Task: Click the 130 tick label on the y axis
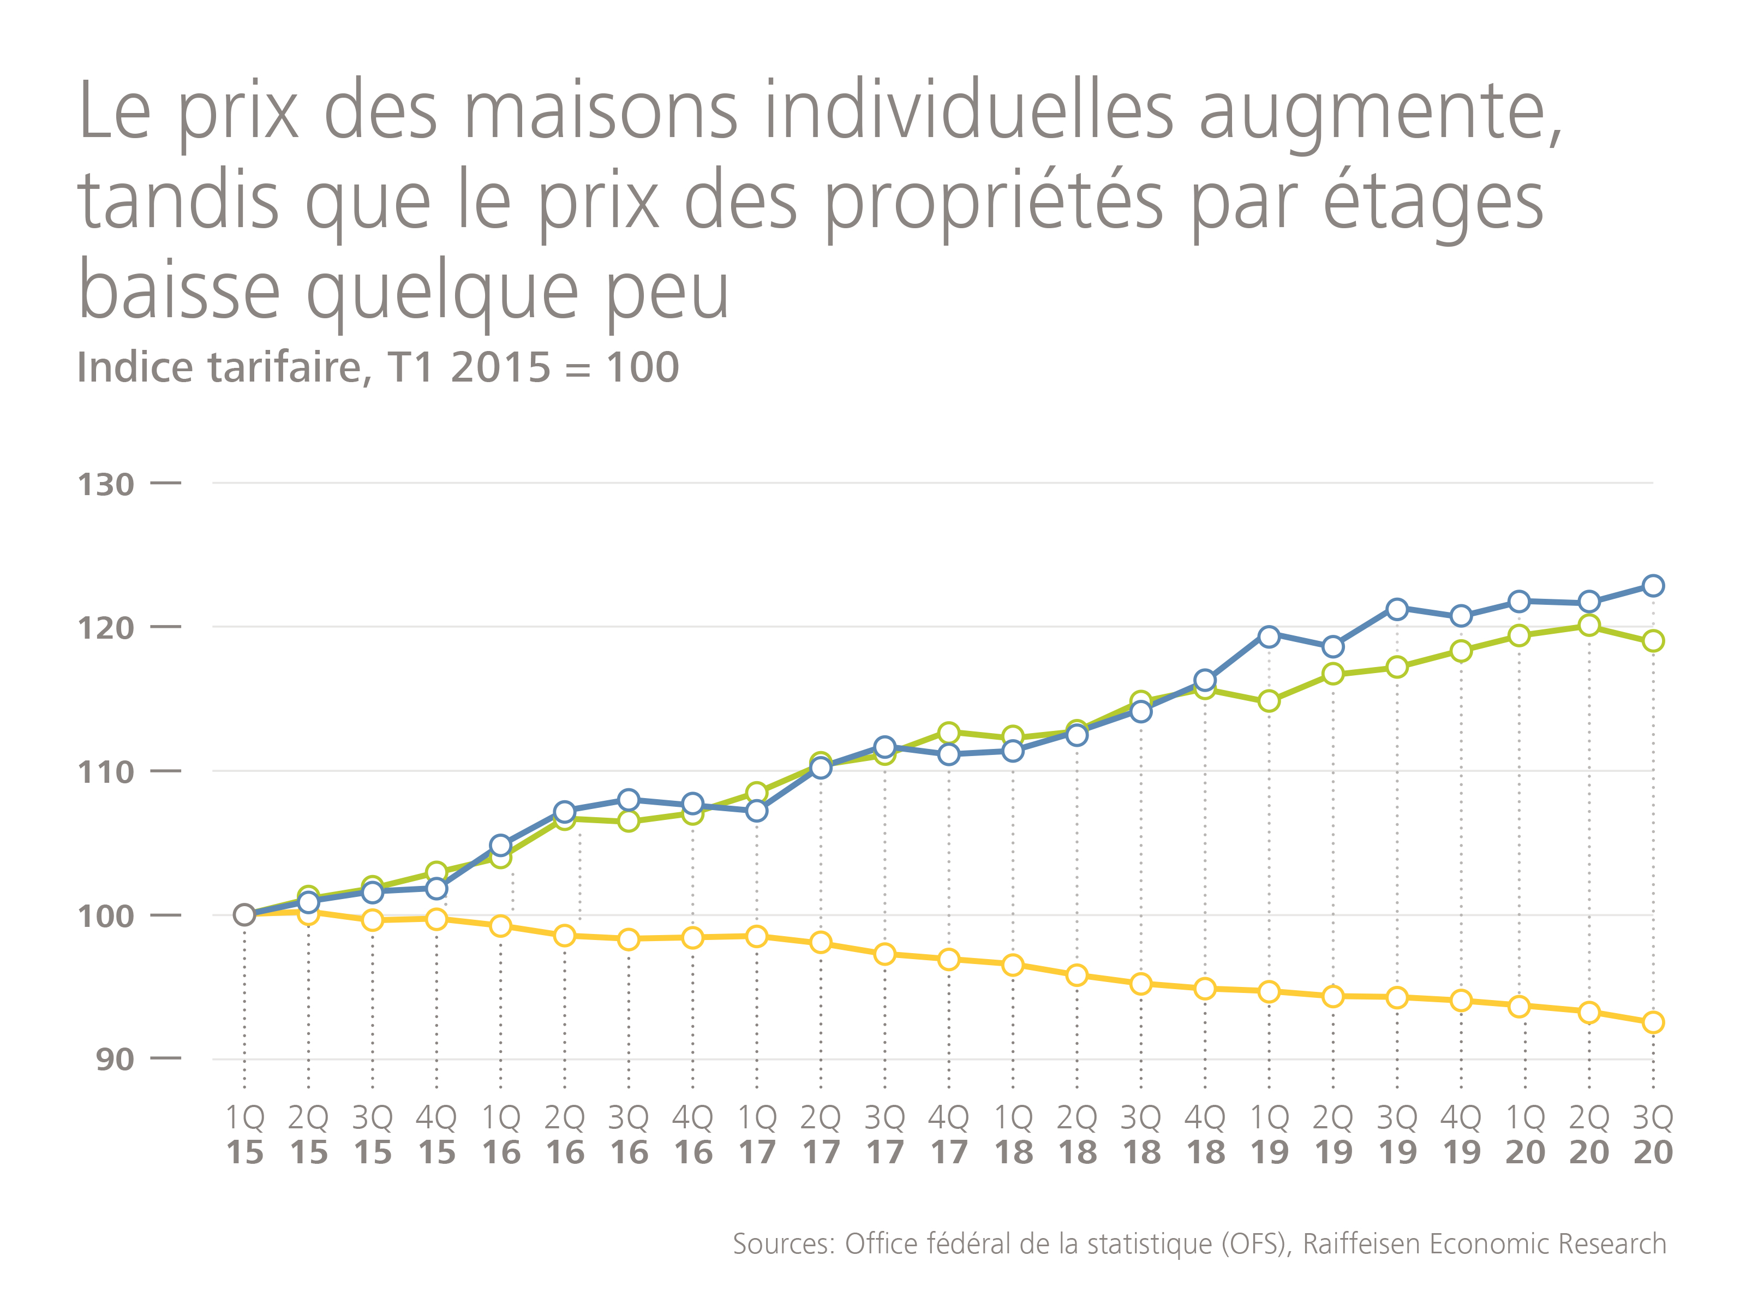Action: [x=105, y=485]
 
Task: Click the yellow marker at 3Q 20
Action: [x=1653, y=1022]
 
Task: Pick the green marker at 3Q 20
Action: [x=1653, y=641]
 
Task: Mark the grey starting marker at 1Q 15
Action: [x=244, y=915]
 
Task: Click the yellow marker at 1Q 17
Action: [x=756, y=936]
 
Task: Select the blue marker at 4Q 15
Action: [x=436, y=889]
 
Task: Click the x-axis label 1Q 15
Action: [x=244, y=1135]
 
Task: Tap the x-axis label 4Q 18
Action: [x=1205, y=1135]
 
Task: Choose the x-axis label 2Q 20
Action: [x=1589, y=1135]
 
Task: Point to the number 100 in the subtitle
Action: [x=643, y=367]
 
